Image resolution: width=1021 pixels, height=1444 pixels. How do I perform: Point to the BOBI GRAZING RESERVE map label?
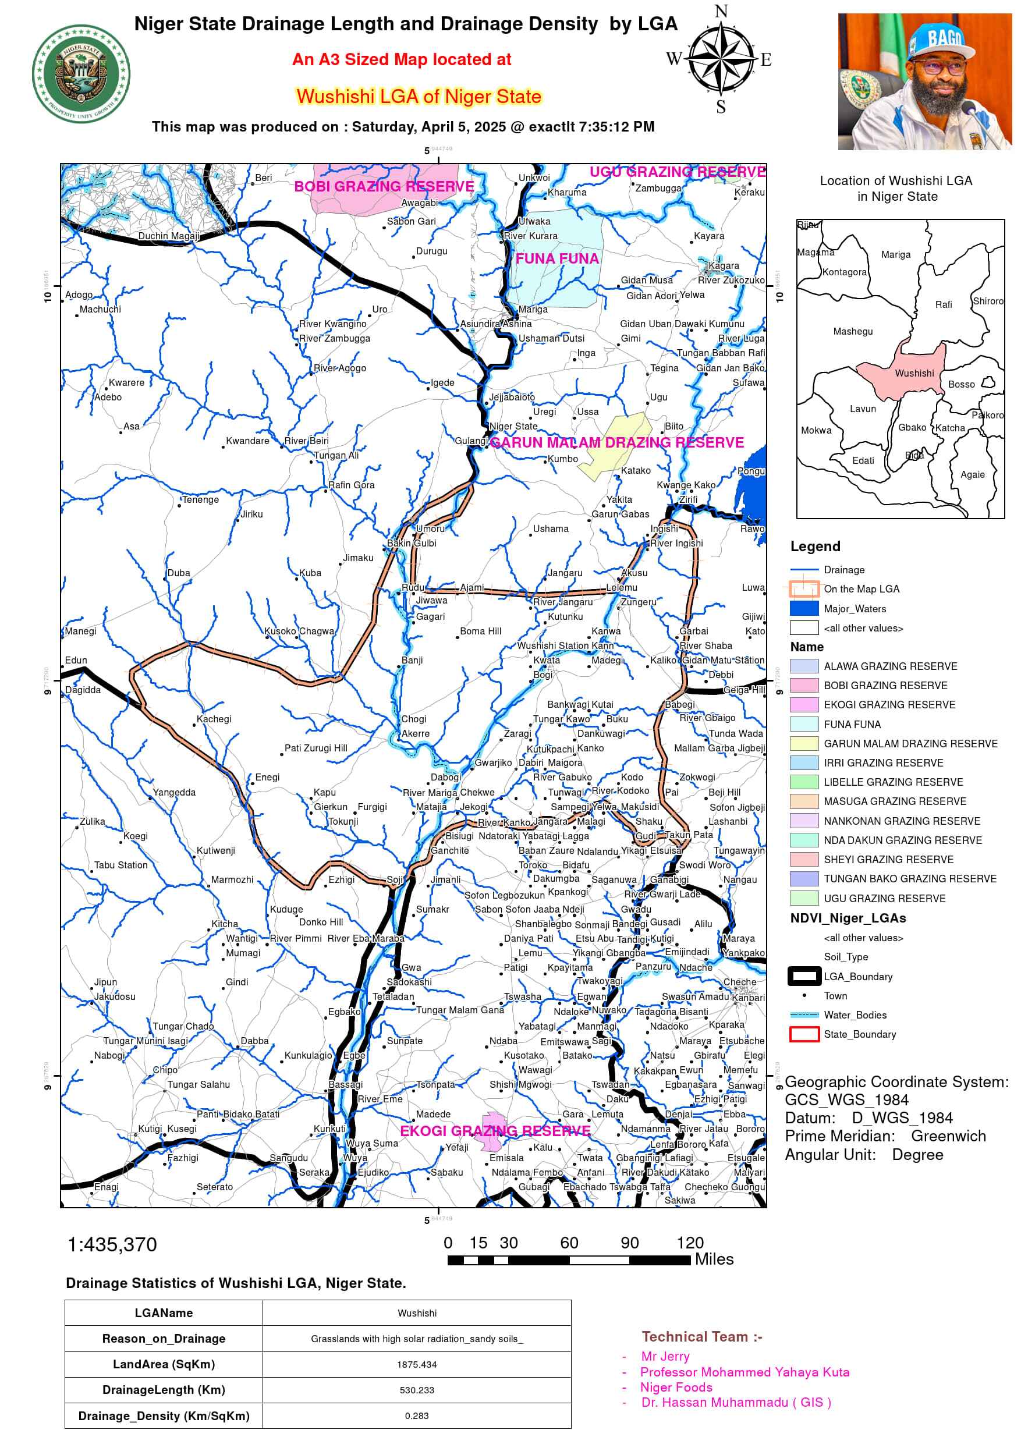pos(384,186)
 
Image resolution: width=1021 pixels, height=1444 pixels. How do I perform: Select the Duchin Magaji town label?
pos(169,236)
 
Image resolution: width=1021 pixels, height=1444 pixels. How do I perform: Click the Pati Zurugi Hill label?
pos(316,748)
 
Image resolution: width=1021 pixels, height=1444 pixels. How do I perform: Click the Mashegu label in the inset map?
pos(852,331)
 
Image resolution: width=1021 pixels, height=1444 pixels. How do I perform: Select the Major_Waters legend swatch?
pos(803,608)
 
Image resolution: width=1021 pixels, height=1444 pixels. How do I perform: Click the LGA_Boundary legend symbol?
pos(803,976)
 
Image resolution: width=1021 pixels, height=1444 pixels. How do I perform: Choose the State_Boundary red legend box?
pos(803,1034)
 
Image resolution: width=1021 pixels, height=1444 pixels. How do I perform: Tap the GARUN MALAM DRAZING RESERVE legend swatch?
pos(803,743)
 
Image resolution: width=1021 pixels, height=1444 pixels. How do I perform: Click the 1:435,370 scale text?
pos(112,1244)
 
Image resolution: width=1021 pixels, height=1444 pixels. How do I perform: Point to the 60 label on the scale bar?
pos(569,1243)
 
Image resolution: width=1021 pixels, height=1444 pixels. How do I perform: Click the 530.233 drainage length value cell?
pos(416,1390)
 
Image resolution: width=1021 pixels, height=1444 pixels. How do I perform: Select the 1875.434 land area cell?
pos(416,1364)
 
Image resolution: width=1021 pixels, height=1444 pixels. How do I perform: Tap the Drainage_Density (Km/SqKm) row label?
pos(164,1415)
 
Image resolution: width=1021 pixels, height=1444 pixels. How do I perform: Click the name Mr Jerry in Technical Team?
pos(665,1356)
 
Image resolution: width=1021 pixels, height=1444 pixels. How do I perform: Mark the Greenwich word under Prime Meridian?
pos(948,1136)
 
